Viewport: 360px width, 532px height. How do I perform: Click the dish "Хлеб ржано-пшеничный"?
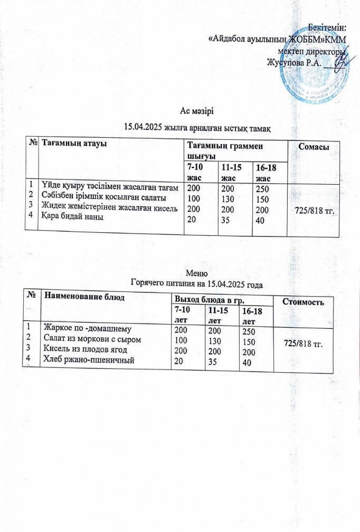pyautogui.click(x=88, y=360)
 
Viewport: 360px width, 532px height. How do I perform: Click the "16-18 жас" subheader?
pyautogui.click(x=268, y=171)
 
